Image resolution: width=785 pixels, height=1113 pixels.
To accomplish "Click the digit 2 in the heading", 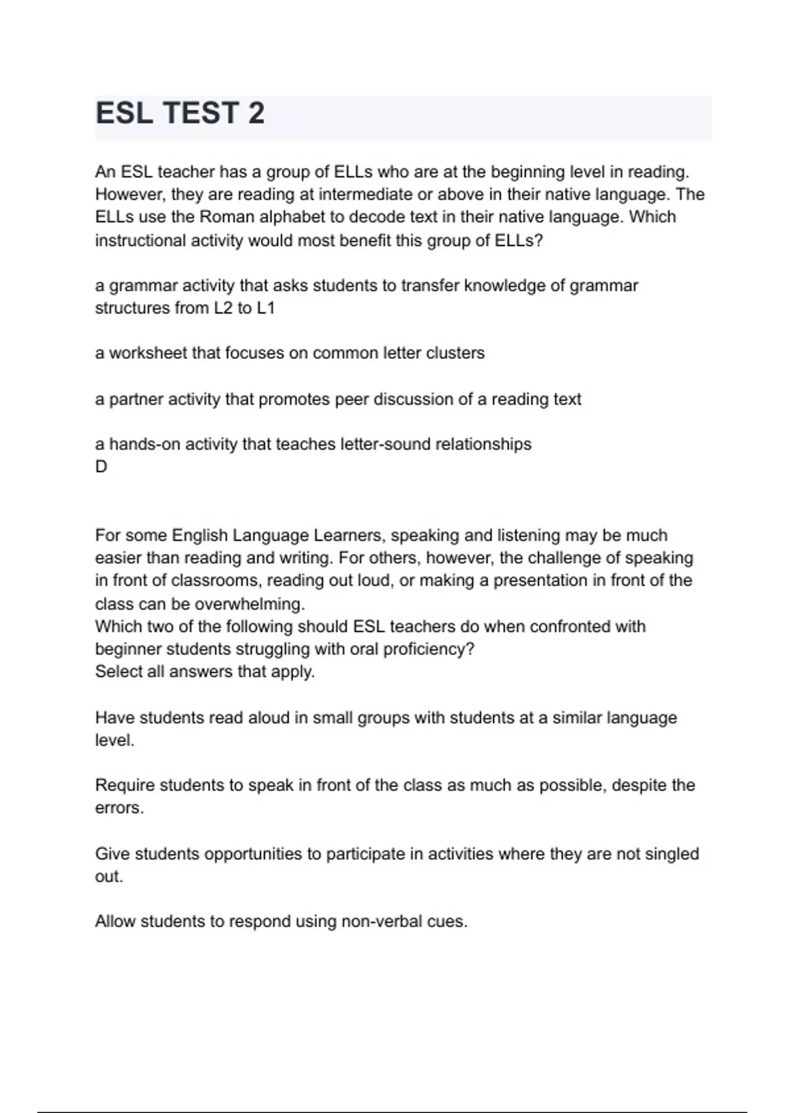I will [x=256, y=113].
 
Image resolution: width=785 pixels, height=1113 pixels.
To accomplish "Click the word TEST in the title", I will [x=200, y=113].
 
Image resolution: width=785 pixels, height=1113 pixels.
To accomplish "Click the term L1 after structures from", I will [x=266, y=308].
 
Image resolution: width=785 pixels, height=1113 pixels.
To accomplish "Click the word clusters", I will [x=455, y=353].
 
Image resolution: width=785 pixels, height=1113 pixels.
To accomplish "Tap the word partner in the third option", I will [x=136, y=399].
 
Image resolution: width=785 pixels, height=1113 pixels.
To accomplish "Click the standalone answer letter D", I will [x=101, y=467].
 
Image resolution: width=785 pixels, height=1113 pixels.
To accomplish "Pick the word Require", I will [x=124, y=785].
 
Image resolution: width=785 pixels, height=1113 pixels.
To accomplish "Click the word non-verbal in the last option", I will [x=381, y=922].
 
